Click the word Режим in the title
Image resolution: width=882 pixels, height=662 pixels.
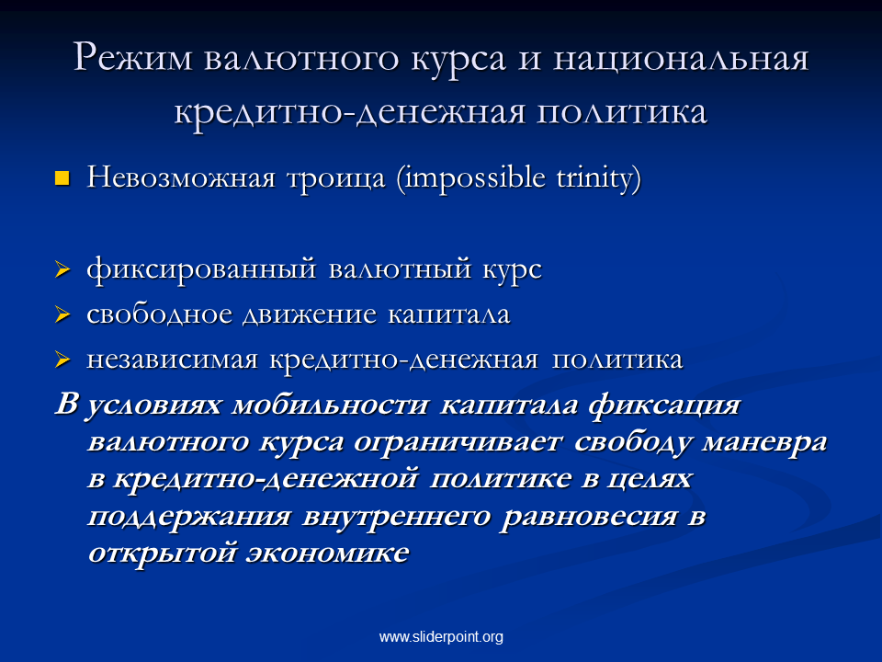(x=132, y=58)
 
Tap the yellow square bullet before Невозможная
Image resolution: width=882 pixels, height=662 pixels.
(x=62, y=178)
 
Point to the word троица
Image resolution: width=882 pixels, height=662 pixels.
(x=336, y=179)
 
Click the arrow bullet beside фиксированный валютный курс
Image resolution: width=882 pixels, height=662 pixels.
(x=62, y=269)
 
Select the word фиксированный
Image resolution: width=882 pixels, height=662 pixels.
(x=201, y=268)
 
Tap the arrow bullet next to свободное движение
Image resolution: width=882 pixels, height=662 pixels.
(x=62, y=314)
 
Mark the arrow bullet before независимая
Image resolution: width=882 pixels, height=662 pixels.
(x=62, y=360)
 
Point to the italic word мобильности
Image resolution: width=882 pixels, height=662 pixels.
(x=330, y=405)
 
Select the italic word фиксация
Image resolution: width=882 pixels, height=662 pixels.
(x=664, y=405)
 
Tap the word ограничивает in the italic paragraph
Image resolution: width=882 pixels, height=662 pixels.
(x=458, y=442)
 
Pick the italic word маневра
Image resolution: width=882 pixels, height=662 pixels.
(x=764, y=442)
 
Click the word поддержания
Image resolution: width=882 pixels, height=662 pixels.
(x=189, y=517)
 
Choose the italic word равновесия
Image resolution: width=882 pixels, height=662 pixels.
(x=589, y=517)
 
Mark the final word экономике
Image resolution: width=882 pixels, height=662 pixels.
(x=327, y=553)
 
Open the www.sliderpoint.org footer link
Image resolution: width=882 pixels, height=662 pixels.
(x=441, y=636)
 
